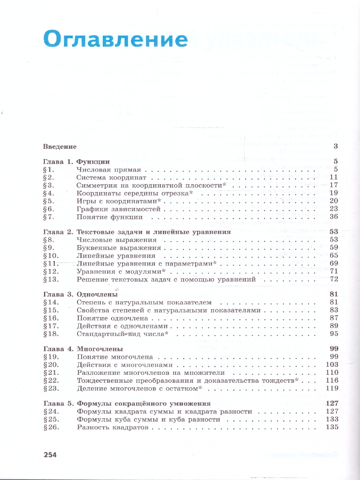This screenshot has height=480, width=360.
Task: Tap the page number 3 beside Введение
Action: click(x=336, y=146)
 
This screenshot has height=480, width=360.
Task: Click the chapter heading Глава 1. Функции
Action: click(x=76, y=162)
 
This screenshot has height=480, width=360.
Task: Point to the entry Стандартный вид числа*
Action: click(x=122, y=334)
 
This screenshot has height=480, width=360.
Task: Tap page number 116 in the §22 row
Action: click(x=332, y=380)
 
